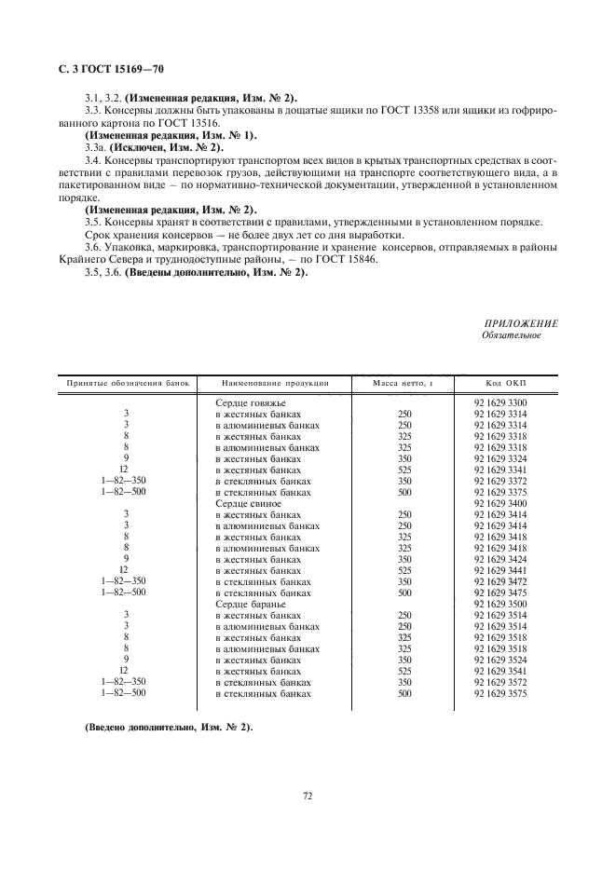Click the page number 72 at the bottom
308,796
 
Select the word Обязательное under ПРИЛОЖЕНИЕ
512,335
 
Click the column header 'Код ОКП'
507,383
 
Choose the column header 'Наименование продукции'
275,383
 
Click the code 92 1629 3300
507,402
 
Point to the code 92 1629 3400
507,503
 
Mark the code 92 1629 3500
507,604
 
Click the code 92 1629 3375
507,492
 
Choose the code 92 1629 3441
507,570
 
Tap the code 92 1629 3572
507,682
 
